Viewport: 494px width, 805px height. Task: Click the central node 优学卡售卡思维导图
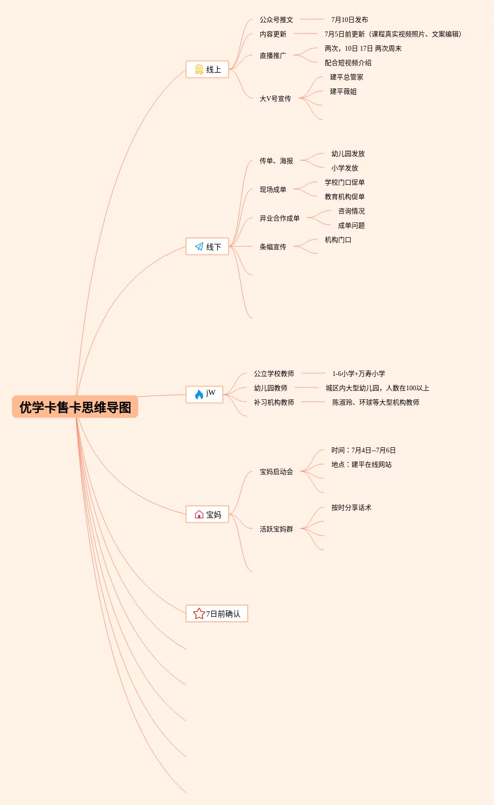75,407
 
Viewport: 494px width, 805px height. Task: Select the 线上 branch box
207,69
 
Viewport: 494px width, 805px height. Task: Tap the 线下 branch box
207,246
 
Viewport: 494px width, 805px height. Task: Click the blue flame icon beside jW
199,395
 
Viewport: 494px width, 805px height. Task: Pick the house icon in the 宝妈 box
199,514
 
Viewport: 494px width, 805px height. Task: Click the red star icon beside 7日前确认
198,614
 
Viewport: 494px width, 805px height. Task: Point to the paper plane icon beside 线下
199,246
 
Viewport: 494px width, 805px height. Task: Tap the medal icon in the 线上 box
199,69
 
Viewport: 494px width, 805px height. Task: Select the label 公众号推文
276,20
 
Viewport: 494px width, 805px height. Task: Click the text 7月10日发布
350,20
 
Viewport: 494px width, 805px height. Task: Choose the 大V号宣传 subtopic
275,99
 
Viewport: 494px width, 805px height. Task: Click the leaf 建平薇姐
343,91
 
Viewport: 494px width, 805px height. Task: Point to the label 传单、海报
276,161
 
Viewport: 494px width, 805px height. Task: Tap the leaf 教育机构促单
344,197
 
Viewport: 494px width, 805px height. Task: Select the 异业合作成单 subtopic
279,218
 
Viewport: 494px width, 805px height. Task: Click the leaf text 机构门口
338,240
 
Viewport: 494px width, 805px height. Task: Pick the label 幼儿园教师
270,388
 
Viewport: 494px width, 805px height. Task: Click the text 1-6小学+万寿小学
359,374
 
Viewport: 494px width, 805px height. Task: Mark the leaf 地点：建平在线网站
361,464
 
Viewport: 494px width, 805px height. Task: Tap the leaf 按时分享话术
351,507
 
